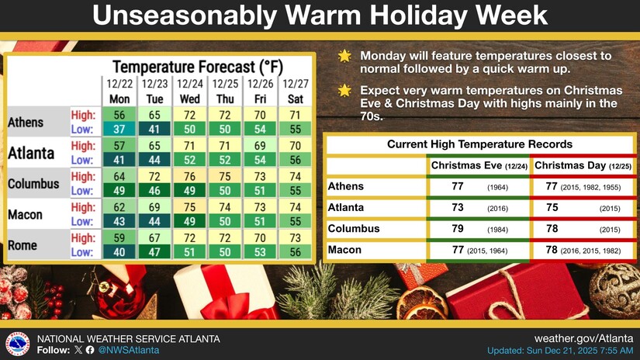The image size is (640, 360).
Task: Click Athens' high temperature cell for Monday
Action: tap(119, 114)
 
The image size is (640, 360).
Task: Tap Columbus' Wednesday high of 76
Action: tap(190, 176)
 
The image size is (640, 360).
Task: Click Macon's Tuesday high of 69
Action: tap(154, 208)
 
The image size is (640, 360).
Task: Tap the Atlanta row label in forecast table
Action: tap(31, 151)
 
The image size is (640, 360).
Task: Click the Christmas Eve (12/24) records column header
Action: tap(477, 165)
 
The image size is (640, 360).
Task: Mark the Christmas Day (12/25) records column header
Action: tap(581, 165)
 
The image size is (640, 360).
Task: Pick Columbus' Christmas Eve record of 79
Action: tap(458, 229)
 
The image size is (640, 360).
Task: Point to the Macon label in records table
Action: tap(345, 250)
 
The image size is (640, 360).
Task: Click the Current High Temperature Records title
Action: tap(479, 144)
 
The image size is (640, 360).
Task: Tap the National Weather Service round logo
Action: tap(17, 344)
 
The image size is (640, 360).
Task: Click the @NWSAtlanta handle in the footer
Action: tap(129, 351)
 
